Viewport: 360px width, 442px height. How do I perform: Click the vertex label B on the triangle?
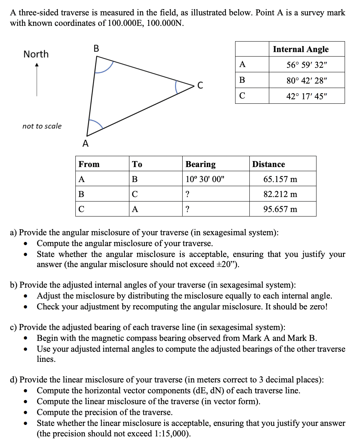pyautogui.click(x=96, y=48)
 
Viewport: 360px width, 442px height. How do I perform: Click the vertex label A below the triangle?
pyautogui.click(x=85, y=143)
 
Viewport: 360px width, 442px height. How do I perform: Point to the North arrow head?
pyautogui.click(x=36, y=66)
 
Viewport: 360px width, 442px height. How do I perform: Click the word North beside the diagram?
pyautogui.click(x=36, y=54)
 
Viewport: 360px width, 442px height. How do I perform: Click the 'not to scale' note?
pyautogui.click(x=42, y=126)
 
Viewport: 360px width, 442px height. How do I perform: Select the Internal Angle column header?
pyautogui.click(x=300, y=49)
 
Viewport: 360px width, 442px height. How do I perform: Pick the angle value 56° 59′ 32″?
pyautogui.click(x=307, y=65)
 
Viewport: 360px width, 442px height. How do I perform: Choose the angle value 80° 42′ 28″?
pyautogui.click(x=307, y=81)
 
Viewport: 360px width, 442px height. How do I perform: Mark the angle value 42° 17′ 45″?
pyautogui.click(x=307, y=96)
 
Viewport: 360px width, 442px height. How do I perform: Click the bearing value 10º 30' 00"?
pyautogui.click(x=204, y=179)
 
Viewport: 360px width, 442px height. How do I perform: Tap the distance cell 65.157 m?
pyautogui.click(x=280, y=179)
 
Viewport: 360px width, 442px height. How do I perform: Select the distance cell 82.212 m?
pyautogui.click(x=280, y=194)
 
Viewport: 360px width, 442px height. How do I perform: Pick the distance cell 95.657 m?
pyautogui.click(x=280, y=209)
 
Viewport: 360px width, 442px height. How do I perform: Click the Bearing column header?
pyautogui.click(x=201, y=164)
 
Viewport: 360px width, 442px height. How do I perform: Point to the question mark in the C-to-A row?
pyautogui.click(x=187, y=209)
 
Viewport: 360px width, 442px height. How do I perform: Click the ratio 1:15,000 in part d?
pyautogui.click(x=172, y=434)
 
